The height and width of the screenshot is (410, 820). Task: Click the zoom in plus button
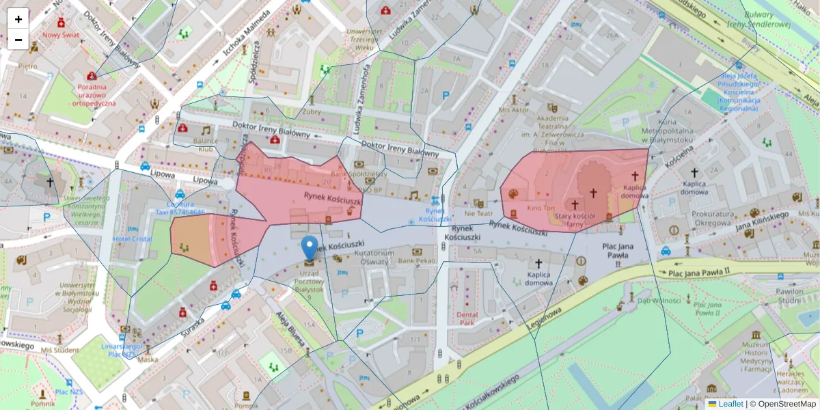click(x=18, y=19)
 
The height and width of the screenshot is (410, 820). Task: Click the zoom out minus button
click(x=18, y=40)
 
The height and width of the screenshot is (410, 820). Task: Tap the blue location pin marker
click(x=310, y=249)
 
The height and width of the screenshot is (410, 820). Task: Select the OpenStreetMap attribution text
click(x=787, y=404)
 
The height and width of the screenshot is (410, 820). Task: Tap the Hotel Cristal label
click(x=132, y=239)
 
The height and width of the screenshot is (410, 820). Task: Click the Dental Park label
click(x=467, y=318)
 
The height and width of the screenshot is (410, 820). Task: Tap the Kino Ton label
click(x=541, y=208)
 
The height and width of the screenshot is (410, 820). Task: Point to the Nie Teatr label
click(x=478, y=214)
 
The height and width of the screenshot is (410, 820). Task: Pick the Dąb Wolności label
click(x=655, y=299)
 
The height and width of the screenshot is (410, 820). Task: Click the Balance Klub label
click(x=206, y=144)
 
